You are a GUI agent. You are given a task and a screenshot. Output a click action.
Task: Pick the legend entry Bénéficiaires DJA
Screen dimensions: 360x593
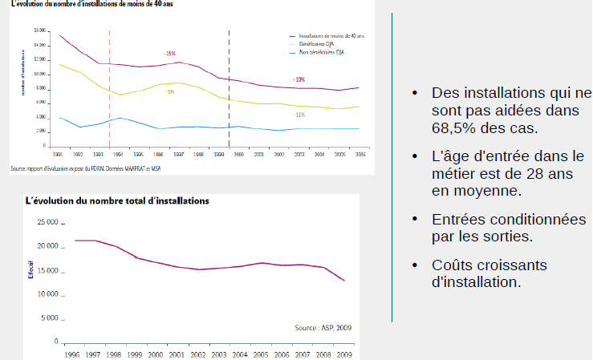315,44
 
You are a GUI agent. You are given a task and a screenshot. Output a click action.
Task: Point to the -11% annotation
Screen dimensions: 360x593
299,115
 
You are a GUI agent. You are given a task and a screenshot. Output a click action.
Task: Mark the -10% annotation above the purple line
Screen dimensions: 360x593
299,79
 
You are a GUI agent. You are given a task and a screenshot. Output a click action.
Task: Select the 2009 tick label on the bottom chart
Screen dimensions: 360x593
344,354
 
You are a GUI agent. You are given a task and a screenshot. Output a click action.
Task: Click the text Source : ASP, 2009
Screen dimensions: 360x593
322,328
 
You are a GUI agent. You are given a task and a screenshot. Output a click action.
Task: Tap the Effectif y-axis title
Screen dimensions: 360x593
31,267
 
